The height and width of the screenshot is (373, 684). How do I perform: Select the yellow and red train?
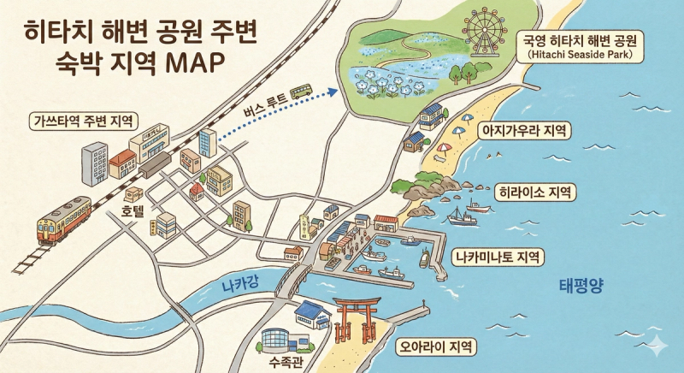coord(63,219)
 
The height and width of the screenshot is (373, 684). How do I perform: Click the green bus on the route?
coord(301,90)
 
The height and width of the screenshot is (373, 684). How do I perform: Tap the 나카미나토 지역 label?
coord(497,256)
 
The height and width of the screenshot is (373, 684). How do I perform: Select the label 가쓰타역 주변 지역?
coord(85,121)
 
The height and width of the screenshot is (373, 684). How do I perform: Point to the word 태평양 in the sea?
coord(581,287)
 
